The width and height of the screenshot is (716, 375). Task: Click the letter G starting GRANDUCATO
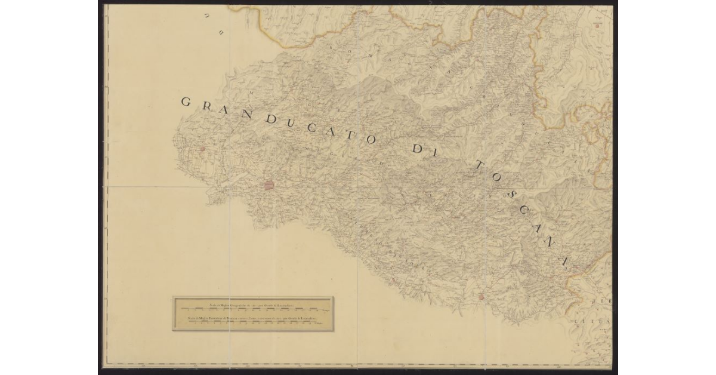[x=186, y=102]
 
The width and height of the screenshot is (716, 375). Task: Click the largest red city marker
[x=269, y=185]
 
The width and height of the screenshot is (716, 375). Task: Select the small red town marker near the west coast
[x=202, y=149]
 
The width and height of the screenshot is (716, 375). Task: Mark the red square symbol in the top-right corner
[x=598, y=26]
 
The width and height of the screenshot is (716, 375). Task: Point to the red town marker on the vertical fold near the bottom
[x=481, y=296]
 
